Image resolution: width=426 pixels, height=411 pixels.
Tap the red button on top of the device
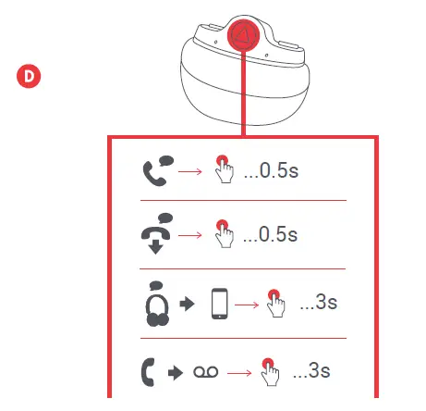pos(242,38)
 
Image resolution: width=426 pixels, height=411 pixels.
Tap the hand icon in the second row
pos(223,233)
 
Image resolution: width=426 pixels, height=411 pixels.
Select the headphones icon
pos(156,302)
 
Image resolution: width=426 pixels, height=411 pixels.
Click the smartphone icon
pos(220,303)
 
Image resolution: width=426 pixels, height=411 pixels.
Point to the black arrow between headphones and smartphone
pos(188,304)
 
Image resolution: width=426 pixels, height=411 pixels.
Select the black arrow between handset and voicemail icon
pos(176,371)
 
